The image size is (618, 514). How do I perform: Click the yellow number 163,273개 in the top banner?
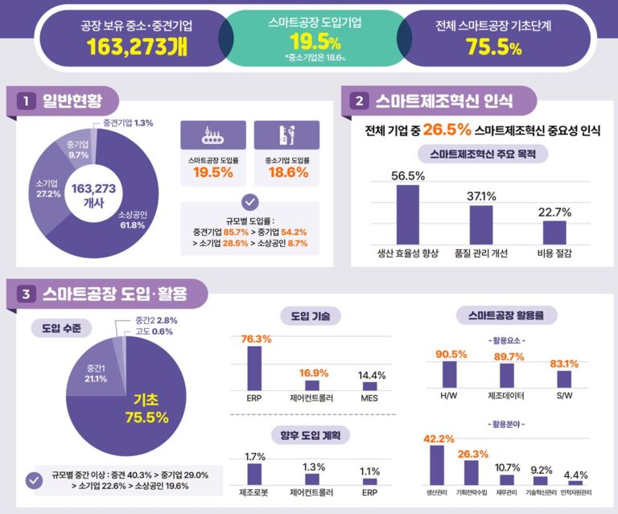coord(137,47)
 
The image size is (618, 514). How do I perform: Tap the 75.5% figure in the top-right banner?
coord(493,47)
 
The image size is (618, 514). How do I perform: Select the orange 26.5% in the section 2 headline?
coord(447,130)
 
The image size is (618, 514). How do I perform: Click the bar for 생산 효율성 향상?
coord(407,215)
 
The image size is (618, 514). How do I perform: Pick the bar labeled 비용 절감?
coord(554,232)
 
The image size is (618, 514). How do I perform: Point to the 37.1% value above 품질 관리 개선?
coord(481,196)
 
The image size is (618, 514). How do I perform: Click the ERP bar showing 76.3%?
coord(254,368)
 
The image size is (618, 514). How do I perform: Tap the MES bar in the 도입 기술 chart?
coord(369,386)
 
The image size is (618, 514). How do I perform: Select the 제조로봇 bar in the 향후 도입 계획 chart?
coord(254,475)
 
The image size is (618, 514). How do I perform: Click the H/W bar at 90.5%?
coord(449,375)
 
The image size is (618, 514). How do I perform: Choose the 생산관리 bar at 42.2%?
coord(437,465)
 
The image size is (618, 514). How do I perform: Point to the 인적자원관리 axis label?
coord(576,492)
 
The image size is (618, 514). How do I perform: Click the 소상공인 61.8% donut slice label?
coord(133,220)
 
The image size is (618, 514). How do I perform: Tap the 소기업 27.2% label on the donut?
coord(48,189)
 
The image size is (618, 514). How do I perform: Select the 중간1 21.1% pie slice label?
coord(96,373)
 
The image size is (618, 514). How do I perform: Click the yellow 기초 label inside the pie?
coord(146,400)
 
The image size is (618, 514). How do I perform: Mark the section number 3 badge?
coord(26,294)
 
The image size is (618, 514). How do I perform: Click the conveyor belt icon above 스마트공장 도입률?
coord(212,135)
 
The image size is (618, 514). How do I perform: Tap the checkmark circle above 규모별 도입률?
coord(250,202)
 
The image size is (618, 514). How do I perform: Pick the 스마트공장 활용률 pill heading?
coord(506,315)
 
